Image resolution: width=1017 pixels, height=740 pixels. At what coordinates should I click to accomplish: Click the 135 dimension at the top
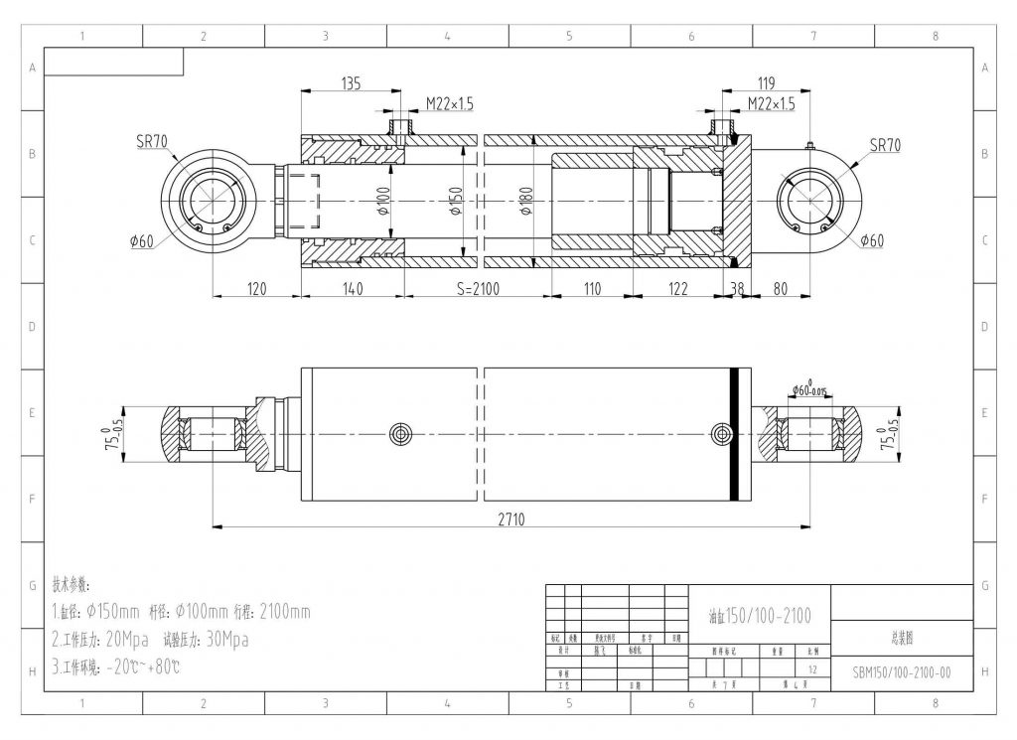(x=351, y=83)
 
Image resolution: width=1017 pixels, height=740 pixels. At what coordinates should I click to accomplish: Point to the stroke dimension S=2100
(x=478, y=289)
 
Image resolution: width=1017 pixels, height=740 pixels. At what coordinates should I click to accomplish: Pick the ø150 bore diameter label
(x=457, y=203)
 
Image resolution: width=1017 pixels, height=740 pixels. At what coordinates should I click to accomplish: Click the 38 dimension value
(x=736, y=289)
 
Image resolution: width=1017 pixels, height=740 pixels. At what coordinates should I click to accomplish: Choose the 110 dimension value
(x=592, y=289)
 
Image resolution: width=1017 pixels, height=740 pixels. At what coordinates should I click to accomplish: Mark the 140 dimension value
(x=353, y=289)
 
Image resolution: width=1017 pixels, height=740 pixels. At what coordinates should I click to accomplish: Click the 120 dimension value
(x=257, y=289)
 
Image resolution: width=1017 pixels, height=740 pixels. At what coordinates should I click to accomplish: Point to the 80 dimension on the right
(x=780, y=289)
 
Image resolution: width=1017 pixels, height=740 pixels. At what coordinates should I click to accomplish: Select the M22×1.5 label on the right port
(x=772, y=104)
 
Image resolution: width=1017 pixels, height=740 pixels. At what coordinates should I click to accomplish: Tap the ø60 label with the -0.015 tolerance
(x=811, y=390)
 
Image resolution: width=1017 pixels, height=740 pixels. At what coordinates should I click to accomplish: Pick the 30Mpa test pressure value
(x=221, y=640)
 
